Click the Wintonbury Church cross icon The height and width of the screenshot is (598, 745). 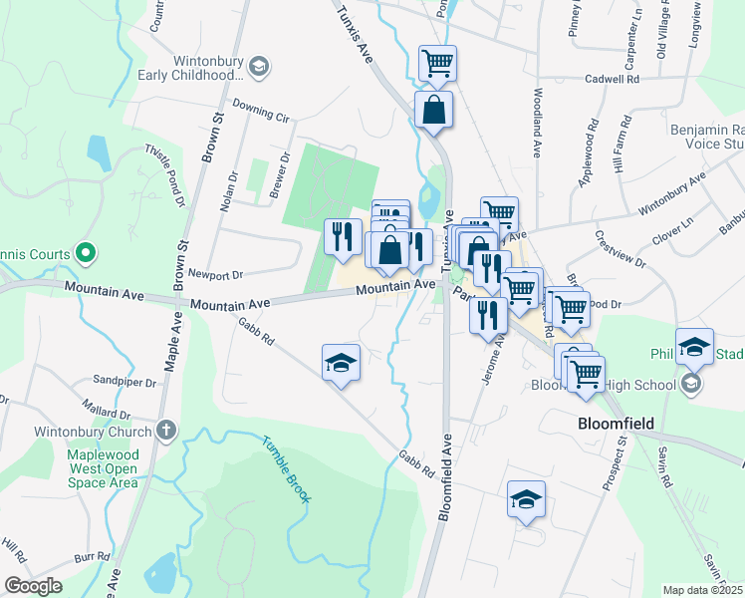pos(166,431)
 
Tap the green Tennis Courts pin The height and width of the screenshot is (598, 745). pos(85,253)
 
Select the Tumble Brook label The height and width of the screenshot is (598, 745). pos(287,468)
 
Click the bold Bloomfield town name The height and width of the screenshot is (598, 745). pos(616,424)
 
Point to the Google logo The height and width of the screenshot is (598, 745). pos(32,586)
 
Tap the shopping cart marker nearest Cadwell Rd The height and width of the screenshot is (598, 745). pos(437,64)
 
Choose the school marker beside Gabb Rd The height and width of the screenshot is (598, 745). pos(341,364)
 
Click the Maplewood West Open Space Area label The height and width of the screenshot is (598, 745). pos(102,468)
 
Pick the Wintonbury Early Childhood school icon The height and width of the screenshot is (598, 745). pos(259,67)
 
